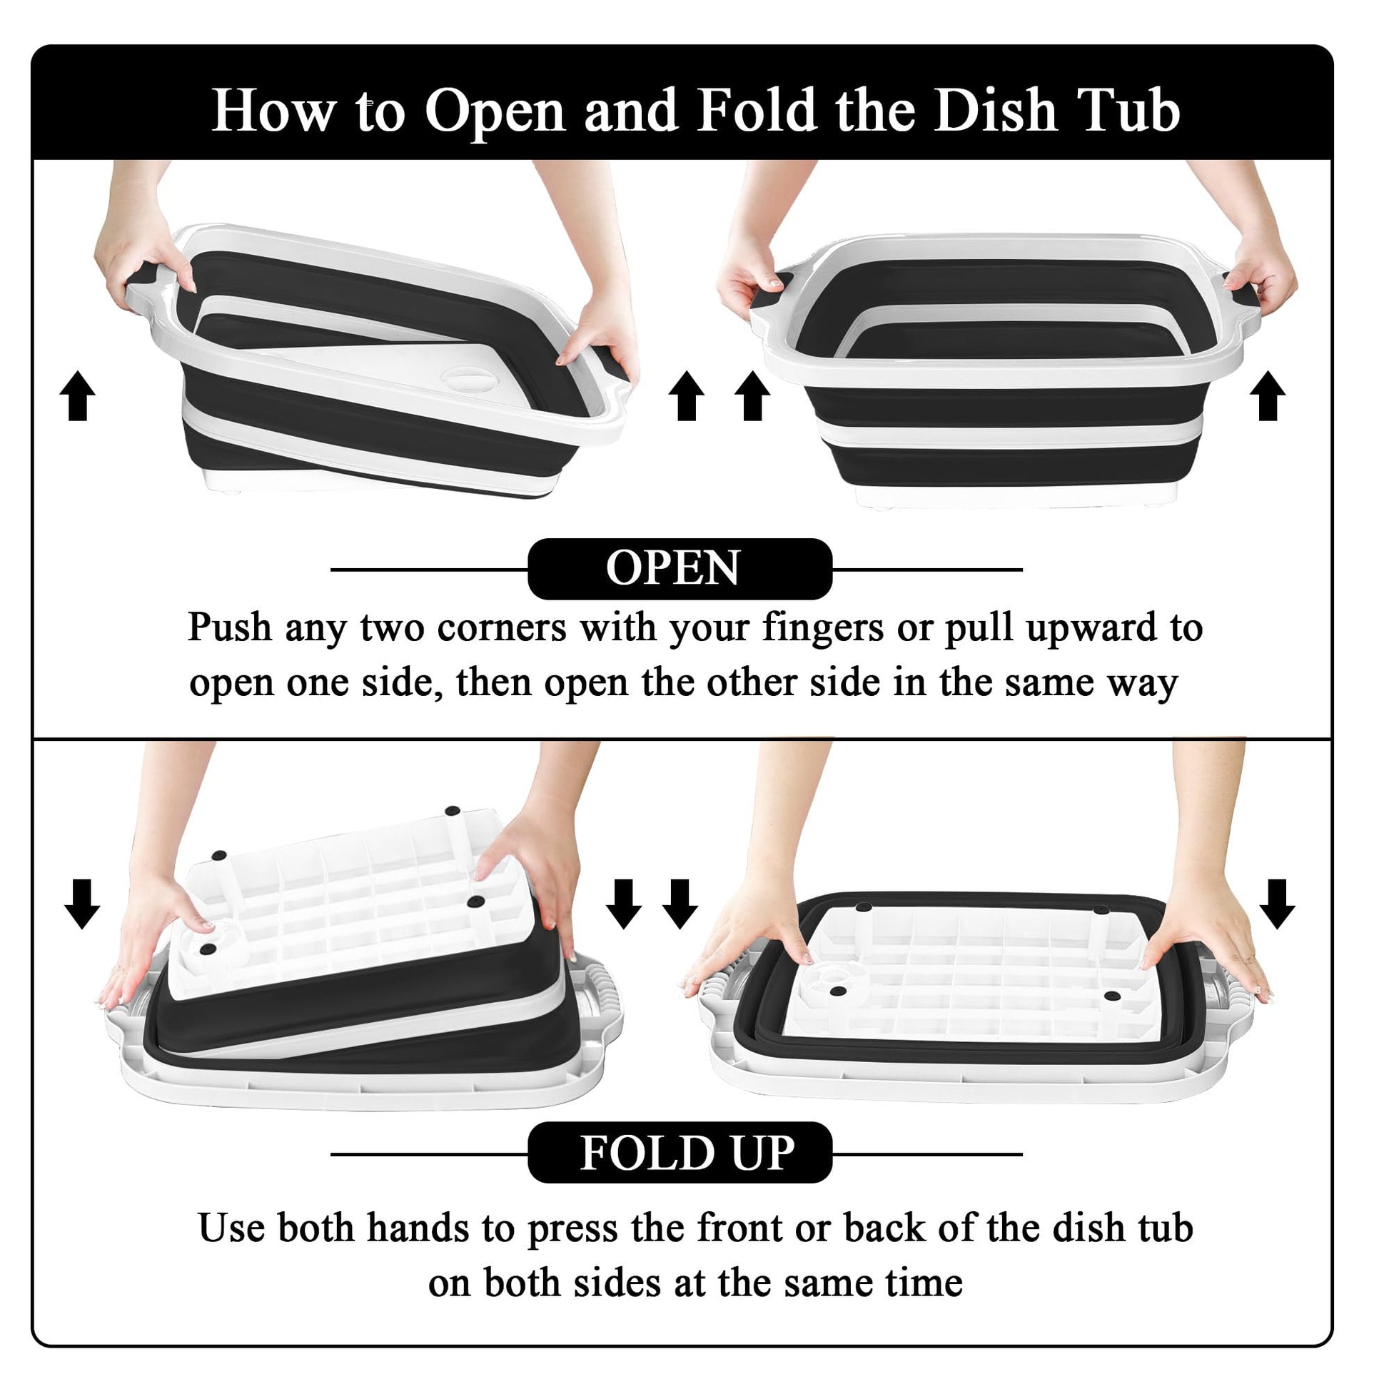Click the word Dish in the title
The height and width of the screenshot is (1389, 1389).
pos(994,111)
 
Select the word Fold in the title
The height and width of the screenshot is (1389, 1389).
pos(758,111)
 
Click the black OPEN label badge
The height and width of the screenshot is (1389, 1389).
pos(680,569)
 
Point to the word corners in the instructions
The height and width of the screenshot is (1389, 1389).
pos(501,629)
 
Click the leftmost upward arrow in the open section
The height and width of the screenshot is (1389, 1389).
pos(78,396)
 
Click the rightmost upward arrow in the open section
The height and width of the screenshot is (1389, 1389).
pos(1268,396)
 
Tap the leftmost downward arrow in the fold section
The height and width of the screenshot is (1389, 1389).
pos(82,904)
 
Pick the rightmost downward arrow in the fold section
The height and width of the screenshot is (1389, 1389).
pos(1278,904)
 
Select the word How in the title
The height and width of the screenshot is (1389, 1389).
pos(274,111)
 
